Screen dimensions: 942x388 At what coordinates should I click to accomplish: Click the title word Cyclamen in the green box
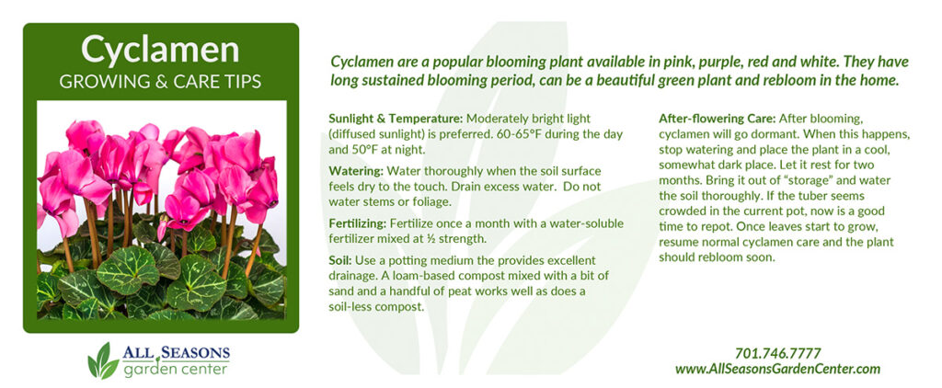160,50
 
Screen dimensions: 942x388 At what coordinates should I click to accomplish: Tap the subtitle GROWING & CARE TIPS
160,82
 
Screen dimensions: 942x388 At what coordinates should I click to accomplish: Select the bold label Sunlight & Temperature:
396,119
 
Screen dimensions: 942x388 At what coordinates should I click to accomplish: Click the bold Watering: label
356,171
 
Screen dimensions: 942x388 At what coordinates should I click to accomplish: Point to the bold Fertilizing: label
358,224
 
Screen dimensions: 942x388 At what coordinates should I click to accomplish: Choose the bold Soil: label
340,261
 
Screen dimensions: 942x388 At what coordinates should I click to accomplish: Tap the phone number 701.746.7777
777,353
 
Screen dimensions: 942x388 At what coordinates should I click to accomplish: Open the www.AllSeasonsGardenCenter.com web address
777,369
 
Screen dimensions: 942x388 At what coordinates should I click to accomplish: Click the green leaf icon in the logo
103,360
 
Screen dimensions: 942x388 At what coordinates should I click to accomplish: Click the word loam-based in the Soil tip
425,276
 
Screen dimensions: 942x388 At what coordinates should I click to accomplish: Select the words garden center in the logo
176,368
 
